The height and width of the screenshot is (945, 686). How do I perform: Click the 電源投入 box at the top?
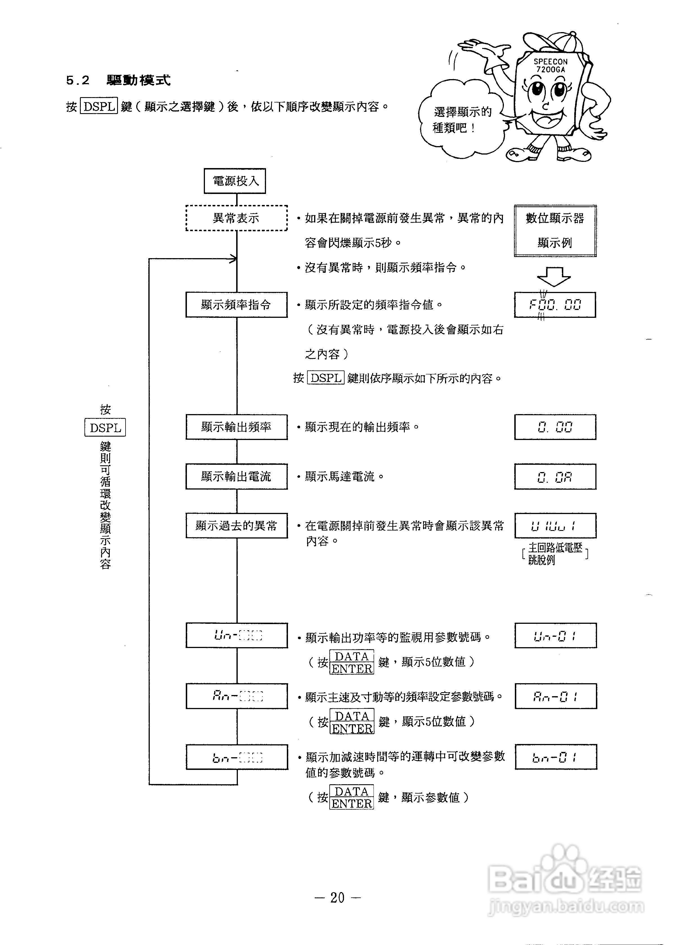(x=235, y=181)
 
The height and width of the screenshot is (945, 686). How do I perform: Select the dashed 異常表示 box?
(x=236, y=218)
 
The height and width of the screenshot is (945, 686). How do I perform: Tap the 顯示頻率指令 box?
(x=236, y=305)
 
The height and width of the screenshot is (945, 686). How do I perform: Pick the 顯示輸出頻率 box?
(x=236, y=427)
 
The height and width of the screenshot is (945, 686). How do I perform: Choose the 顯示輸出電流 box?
(x=236, y=476)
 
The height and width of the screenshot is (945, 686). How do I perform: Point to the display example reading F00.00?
(x=555, y=305)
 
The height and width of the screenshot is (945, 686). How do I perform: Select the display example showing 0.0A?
(x=555, y=476)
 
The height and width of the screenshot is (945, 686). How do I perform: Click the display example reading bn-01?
(x=556, y=757)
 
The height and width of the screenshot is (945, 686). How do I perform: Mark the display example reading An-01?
(x=556, y=696)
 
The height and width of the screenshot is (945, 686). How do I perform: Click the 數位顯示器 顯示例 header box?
(x=555, y=231)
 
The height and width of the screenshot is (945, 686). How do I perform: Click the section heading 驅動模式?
(x=138, y=80)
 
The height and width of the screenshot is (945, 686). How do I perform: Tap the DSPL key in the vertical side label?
(x=105, y=428)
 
